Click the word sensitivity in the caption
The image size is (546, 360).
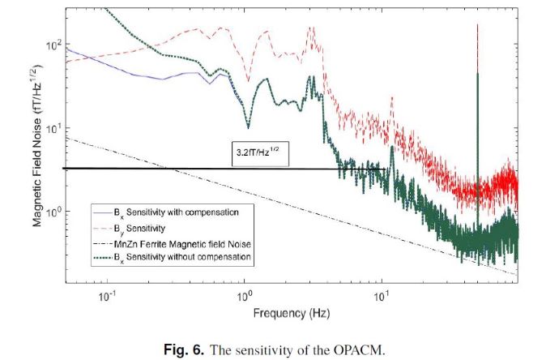pyautogui.click(x=275, y=349)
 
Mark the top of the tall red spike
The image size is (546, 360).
pyautogui.click(x=477, y=26)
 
